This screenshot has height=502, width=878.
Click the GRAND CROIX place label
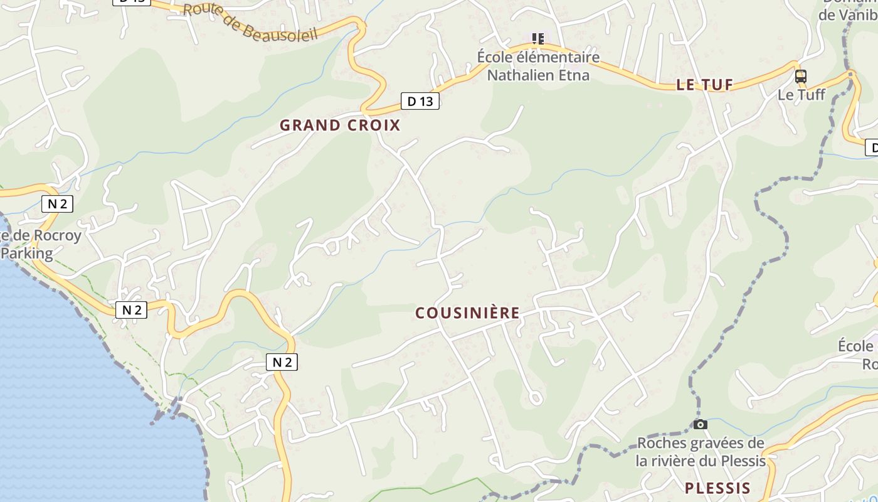[x=339, y=125]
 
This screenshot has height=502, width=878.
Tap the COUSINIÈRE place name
[x=468, y=312]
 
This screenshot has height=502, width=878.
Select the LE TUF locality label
[x=705, y=85]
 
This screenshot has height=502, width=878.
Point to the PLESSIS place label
[x=717, y=488]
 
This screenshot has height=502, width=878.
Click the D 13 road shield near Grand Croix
[x=420, y=101]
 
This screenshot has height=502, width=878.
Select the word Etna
[x=575, y=75]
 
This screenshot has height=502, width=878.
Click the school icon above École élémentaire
[x=537, y=39]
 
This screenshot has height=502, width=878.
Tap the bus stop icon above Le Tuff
[x=801, y=77]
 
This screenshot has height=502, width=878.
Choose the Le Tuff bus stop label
[x=801, y=95]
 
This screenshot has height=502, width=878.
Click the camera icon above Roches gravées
[x=701, y=425]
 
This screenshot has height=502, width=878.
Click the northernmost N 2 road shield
[x=57, y=203]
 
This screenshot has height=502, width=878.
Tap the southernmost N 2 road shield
[x=282, y=362]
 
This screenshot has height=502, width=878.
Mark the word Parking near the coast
[x=26, y=254]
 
